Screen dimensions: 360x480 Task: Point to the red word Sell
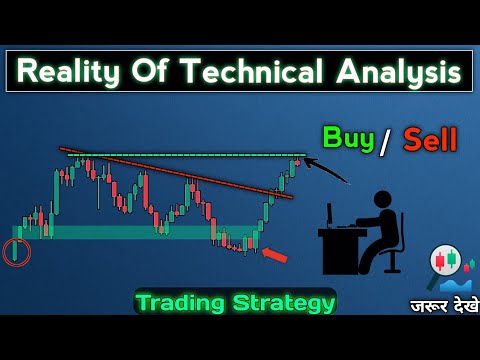point(430,139)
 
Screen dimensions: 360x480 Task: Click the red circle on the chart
point(16,252)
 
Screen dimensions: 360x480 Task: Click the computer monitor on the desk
point(329,214)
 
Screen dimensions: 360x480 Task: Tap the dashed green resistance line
point(180,154)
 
